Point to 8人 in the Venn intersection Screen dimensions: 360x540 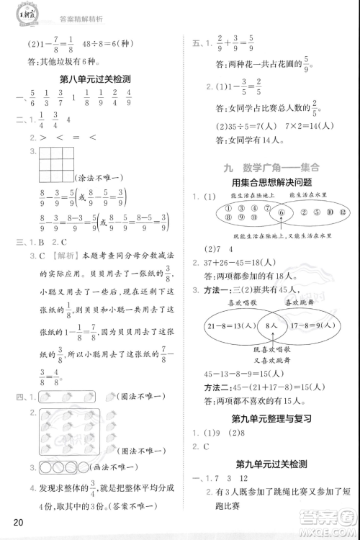(271, 326)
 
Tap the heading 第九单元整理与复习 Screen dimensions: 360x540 (271, 420)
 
